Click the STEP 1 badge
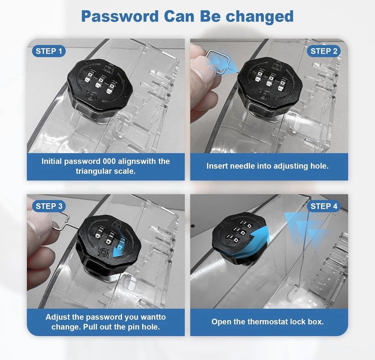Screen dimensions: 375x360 [48, 51]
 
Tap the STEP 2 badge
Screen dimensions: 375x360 [324, 51]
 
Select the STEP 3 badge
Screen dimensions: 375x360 [49, 206]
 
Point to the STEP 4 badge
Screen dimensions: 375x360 [324, 206]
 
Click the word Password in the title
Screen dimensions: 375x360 [120, 16]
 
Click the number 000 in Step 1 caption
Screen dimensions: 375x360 [109, 161]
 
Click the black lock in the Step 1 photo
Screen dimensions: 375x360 [100, 89]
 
